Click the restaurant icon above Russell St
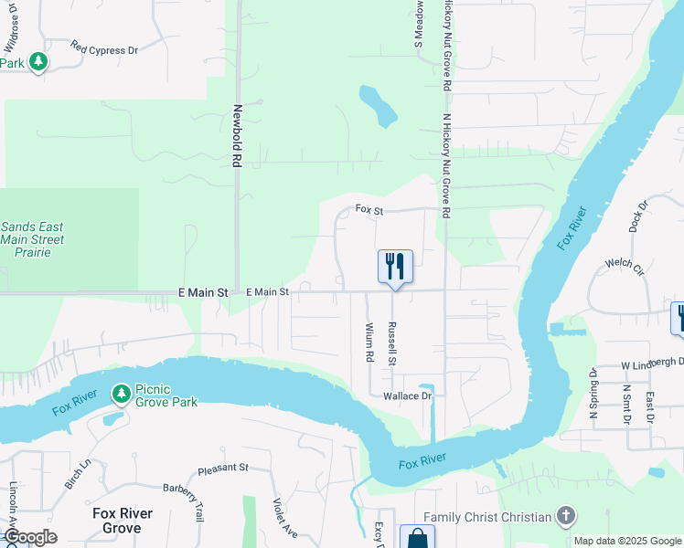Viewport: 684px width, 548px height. pyautogui.click(x=395, y=266)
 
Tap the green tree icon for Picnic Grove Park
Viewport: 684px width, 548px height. pyautogui.click(x=121, y=394)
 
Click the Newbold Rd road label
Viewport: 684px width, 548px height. pyautogui.click(x=236, y=135)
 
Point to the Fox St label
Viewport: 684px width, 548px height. pyautogui.click(x=368, y=209)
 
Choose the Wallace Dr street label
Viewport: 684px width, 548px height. pyautogui.click(x=407, y=396)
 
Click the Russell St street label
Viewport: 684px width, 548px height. pyautogui.click(x=391, y=343)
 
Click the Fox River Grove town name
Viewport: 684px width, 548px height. pyautogui.click(x=122, y=521)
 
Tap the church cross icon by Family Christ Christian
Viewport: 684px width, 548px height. pyautogui.click(x=565, y=517)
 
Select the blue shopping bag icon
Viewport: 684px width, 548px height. pyautogui.click(x=417, y=538)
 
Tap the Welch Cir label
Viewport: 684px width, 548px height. pyautogui.click(x=625, y=264)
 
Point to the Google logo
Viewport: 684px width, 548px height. pyautogui.click(x=30, y=537)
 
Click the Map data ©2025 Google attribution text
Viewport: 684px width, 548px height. pyautogui.click(x=627, y=541)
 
